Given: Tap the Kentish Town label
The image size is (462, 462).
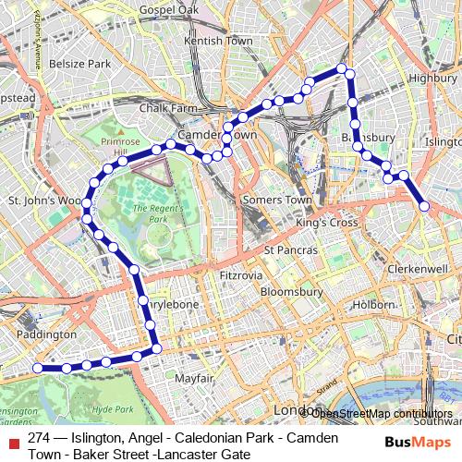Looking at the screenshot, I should (218, 42).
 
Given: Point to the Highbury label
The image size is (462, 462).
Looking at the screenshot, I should (432, 79).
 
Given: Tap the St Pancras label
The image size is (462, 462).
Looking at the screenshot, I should (290, 250).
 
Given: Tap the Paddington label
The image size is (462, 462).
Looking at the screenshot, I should (46, 334).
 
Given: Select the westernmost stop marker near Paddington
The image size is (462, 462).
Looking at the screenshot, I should (38, 368).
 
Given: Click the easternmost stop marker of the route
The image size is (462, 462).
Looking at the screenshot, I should (424, 207).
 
